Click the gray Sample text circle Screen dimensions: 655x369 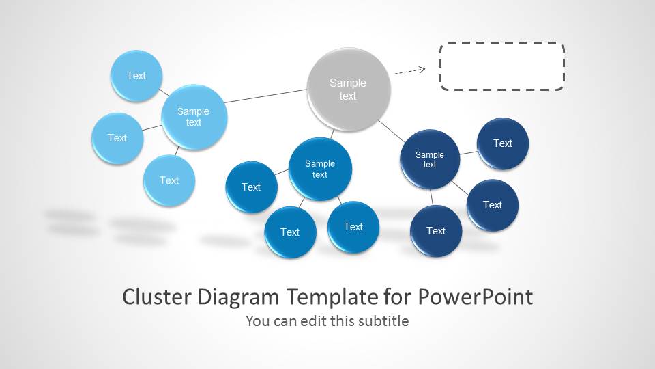tap(349, 90)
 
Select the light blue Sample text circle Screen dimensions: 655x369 tap(194, 117)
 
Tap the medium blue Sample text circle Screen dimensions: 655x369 tap(320, 169)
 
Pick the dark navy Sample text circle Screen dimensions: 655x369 tap(430, 159)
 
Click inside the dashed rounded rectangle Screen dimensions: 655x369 tap(502, 66)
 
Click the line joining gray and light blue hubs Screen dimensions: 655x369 tap(265, 96)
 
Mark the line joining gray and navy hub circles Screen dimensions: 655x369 tap(392, 131)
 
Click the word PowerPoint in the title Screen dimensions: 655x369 tap(476, 297)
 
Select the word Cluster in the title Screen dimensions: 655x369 tap(157, 297)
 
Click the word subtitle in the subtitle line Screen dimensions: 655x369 tap(384, 321)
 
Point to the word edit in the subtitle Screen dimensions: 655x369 tap(313, 321)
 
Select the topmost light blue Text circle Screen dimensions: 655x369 tap(136, 76)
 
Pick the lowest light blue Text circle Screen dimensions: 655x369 tap(169, 180)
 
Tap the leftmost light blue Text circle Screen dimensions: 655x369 tap(117, 138)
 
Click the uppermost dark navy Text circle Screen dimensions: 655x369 tap(503, 143)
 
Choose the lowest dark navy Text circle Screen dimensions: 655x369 tap(436, 231)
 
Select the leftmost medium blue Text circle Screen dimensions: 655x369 tap(252, 187)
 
